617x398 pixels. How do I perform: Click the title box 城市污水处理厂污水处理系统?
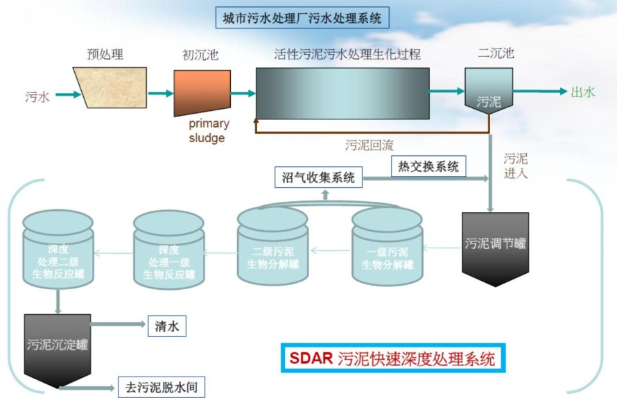(x=302, y=18)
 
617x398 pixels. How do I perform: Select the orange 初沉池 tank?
(x=202, y=92)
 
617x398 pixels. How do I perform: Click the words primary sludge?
(x=209, y=130)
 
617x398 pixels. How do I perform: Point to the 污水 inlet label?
(x=37, y=96)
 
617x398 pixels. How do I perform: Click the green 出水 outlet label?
(x=583, y=92)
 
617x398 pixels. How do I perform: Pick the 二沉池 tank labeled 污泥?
(x=489, y=91)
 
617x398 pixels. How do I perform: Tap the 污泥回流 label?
(x=369, y=146)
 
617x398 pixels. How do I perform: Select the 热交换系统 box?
(x=428, y=166)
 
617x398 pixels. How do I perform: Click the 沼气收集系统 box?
(x=318, y=177)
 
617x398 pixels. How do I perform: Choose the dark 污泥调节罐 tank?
(x=495, y=249)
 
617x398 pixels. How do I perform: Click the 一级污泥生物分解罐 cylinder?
(x=388, y=247)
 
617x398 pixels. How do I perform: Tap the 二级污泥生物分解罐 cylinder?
(x=272, y=247)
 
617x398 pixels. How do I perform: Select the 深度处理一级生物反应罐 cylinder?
(x=169, y=250)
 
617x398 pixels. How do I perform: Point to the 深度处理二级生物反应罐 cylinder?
(x=58, y=250)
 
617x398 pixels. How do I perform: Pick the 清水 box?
(x=167, y=326)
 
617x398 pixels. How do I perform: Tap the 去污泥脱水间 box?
(x=162, y=387)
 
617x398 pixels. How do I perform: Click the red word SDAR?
(x=311, y=358)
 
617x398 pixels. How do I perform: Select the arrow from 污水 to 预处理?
(x=68, y=94)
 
